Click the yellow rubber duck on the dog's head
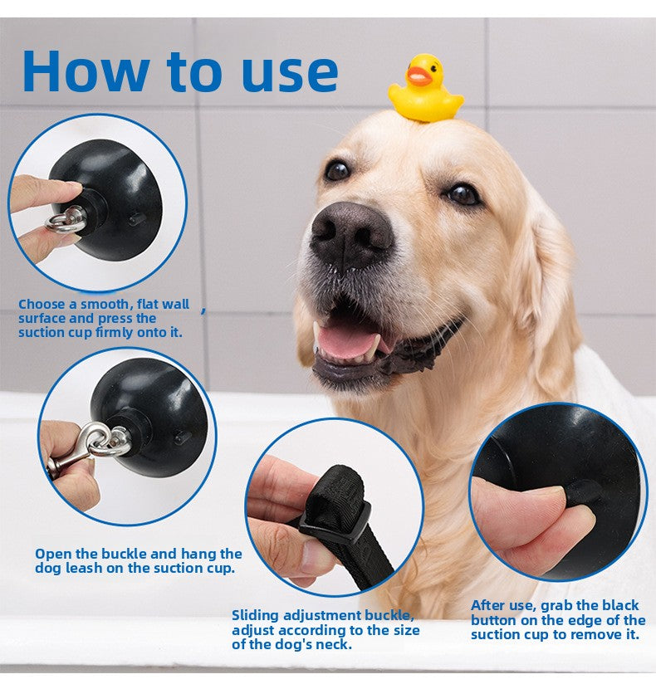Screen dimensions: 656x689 (x=424, y=88)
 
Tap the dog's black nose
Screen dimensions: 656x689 (x=350, y=237)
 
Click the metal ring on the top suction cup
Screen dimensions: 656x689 (x=66, y=220)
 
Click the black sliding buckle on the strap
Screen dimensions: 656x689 (x=335, y=522)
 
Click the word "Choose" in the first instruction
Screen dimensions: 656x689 (x=42, y=304)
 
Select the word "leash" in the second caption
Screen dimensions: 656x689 (x=84, y=568)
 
